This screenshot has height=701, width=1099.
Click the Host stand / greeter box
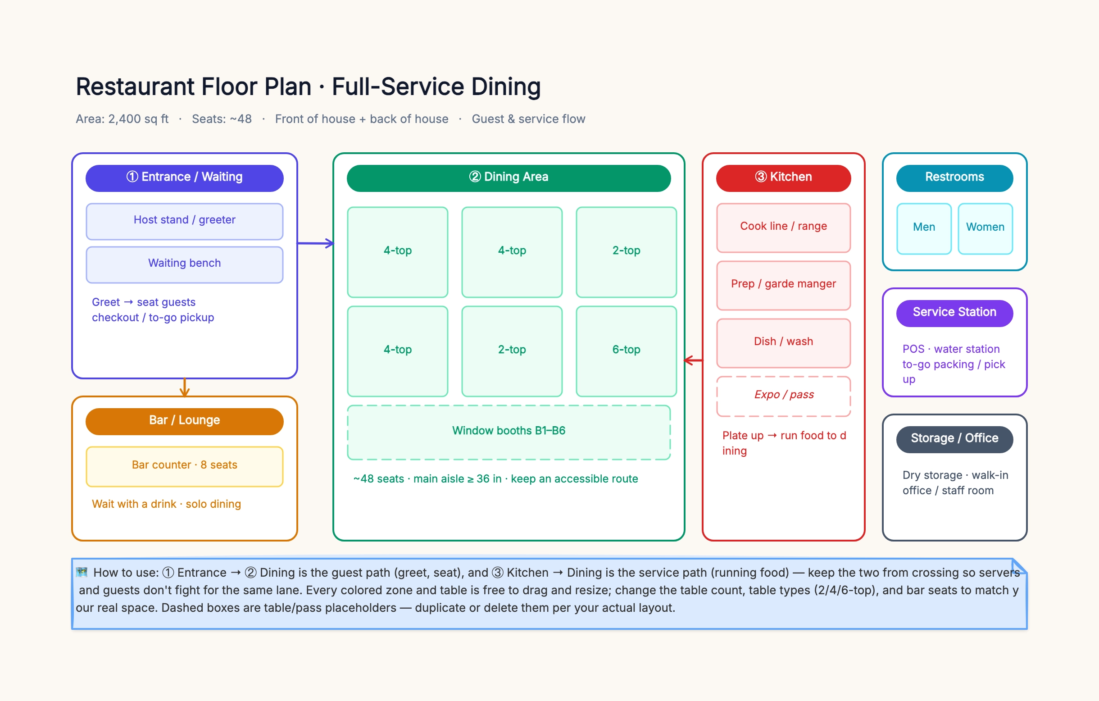184,221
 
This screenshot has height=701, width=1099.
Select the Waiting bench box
184,265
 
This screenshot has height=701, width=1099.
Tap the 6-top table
626,351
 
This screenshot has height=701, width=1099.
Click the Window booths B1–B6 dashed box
509,432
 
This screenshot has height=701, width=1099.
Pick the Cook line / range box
783,228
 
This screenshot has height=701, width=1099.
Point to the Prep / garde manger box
783,285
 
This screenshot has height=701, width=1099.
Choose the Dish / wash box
783,343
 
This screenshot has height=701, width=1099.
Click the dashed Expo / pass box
783,396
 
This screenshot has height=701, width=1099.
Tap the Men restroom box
924,228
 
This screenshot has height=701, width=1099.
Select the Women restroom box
985,228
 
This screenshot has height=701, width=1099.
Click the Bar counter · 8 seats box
184,466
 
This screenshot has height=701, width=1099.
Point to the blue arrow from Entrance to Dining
316,243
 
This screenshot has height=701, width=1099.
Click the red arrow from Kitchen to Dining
694,360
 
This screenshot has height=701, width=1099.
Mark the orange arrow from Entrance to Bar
184,387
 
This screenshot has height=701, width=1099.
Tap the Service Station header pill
954,313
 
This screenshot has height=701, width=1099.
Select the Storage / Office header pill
954,440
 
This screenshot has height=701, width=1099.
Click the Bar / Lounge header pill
184,421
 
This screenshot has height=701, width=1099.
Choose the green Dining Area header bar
509,178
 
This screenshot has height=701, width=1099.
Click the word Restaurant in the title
135,86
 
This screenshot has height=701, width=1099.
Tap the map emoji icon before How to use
82,572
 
